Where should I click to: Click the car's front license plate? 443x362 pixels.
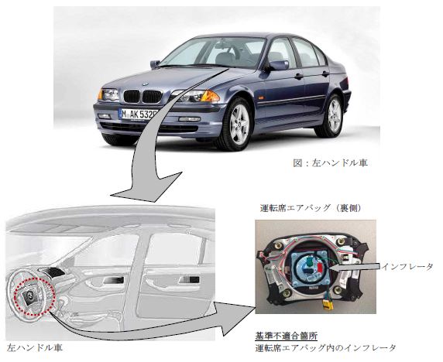click(139, 114)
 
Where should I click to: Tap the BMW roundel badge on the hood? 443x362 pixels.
click(146, 84)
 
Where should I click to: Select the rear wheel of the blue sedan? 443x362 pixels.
click(332, 116)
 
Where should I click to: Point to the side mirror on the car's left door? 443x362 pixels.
click(278, 65)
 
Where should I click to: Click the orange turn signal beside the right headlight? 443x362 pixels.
click(210, 96)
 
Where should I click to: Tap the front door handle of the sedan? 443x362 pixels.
click(298, 76)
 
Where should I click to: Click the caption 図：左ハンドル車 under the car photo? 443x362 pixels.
click(330, 162)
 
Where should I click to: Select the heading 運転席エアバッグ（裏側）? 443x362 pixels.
click(311, 208)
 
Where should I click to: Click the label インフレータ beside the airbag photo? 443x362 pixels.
click(407, 266)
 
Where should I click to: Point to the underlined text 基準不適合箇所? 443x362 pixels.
click(287, 336)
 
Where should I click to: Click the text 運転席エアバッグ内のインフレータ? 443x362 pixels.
click(325, 348)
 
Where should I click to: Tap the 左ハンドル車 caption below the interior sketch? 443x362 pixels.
click(34, 347)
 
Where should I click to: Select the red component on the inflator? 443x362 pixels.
click(319, 268)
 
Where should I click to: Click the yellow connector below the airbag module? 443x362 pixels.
click(328, 305)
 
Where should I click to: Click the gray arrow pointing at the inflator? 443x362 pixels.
click(356, 267)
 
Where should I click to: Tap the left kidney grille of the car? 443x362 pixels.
click(132, 96)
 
